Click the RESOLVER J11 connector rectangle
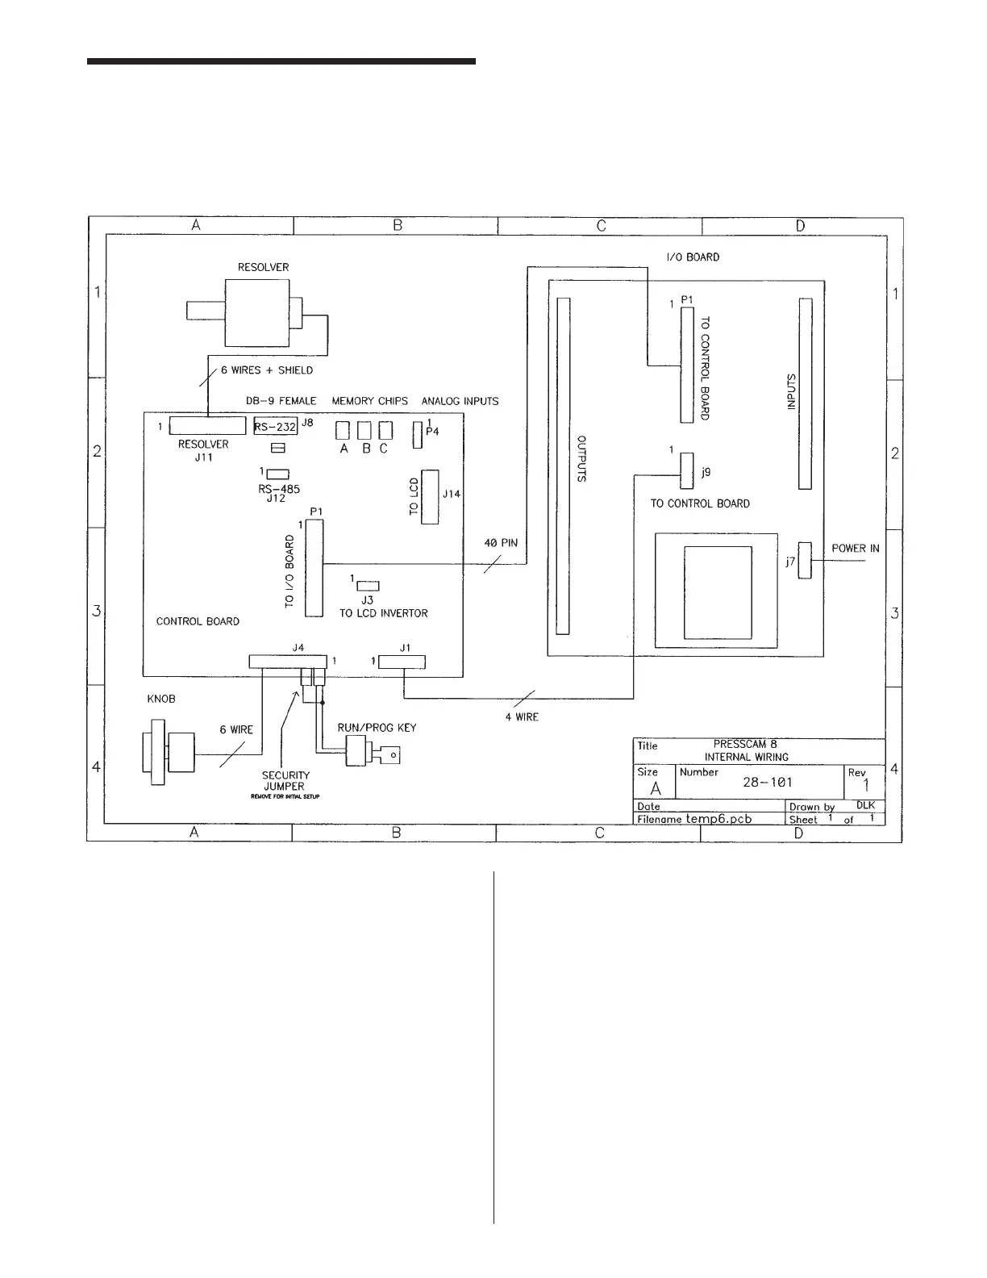[x=207, y=426]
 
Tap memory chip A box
[x=343, y=429]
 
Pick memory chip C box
[x=385, y=429]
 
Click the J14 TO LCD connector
[x=430, y=496]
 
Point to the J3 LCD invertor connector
[x=368, y=585]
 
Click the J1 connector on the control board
[x=402, y=662]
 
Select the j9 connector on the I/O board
[x=686, y=470]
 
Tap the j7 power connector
[x=804, y=559]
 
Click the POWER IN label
[x=856, y=549]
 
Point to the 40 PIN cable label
[x=501, y=543]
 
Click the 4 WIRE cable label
[x=522, y=716]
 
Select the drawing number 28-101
[x=767, y=783]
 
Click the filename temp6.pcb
[x=718, y=818]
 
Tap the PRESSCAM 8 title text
[x=745, y=744]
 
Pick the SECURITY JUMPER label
[x=285, y=780]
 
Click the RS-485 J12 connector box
[x=277, y=474]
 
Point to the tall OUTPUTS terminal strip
[x=564, y=466]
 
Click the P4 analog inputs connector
[x=417, y=435]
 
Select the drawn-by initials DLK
[x=865, y=805]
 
